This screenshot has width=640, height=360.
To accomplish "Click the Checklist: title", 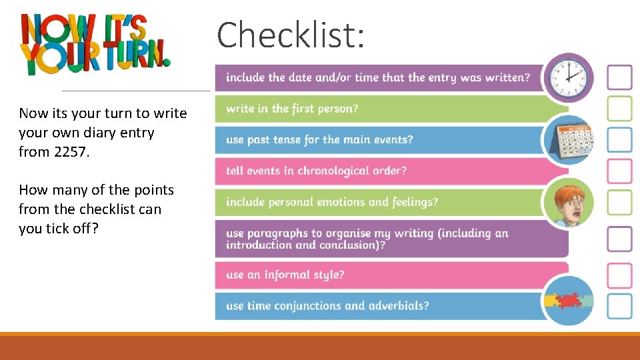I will (x=291, y=35).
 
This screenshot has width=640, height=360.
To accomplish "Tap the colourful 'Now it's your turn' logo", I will (x=95, y=45).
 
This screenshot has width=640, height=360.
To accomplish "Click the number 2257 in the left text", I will (x=71, y=152).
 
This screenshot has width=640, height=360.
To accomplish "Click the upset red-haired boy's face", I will (x=568, y=202).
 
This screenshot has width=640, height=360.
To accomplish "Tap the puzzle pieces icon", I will (x=568, y=301).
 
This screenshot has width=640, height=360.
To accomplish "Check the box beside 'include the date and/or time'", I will (x=619, y=77).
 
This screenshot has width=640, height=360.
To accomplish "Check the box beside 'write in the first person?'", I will (x=619, y=109).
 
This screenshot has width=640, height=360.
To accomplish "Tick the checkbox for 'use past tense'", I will (x=619, y=140).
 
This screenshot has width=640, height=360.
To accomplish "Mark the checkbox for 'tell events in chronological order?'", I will (x=619, y=171).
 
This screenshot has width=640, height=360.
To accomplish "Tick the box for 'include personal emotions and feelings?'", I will (x=619, y=203).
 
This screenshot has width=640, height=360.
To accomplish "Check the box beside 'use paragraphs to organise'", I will (x=619, y=239).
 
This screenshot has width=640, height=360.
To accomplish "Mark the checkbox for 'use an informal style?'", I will (x=619, y=275).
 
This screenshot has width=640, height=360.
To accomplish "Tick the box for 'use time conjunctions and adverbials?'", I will (x=619, y=307).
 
